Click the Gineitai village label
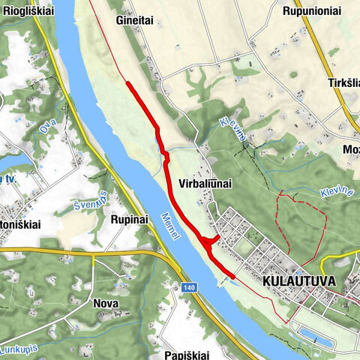[135, 21]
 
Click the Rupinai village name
[132, 220]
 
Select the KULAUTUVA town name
[297, 284]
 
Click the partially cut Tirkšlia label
[343, 83]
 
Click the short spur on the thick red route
[211, 239]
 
